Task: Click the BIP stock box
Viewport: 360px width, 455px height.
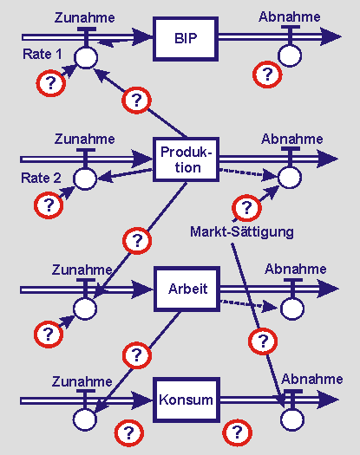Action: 186,39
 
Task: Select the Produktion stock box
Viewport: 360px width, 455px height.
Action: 186,159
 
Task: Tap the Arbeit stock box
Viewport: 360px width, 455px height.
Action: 187,289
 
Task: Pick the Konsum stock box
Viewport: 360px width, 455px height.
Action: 187,400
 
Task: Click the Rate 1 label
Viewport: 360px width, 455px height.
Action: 43,54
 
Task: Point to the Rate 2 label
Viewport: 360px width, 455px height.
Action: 41,178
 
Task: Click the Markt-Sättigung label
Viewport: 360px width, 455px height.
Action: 242,232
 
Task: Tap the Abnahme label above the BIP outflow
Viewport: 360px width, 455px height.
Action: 290,16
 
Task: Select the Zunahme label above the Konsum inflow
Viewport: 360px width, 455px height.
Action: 82,381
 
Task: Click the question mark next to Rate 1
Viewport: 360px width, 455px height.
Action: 51,83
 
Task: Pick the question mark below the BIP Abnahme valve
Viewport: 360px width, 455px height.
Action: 267,75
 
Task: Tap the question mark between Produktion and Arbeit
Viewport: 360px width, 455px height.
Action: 137,241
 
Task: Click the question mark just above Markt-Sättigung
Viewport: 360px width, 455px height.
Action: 246,208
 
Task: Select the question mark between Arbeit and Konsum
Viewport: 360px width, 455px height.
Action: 137,355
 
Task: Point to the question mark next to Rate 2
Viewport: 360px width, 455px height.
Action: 49,205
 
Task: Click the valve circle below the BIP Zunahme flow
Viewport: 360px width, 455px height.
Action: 86,57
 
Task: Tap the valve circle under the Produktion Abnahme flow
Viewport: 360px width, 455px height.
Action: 290,178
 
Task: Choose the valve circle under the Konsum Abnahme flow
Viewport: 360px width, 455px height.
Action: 292,419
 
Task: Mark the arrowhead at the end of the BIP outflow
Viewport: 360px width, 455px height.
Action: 331,36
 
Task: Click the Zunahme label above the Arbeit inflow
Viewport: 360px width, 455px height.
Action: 82,270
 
